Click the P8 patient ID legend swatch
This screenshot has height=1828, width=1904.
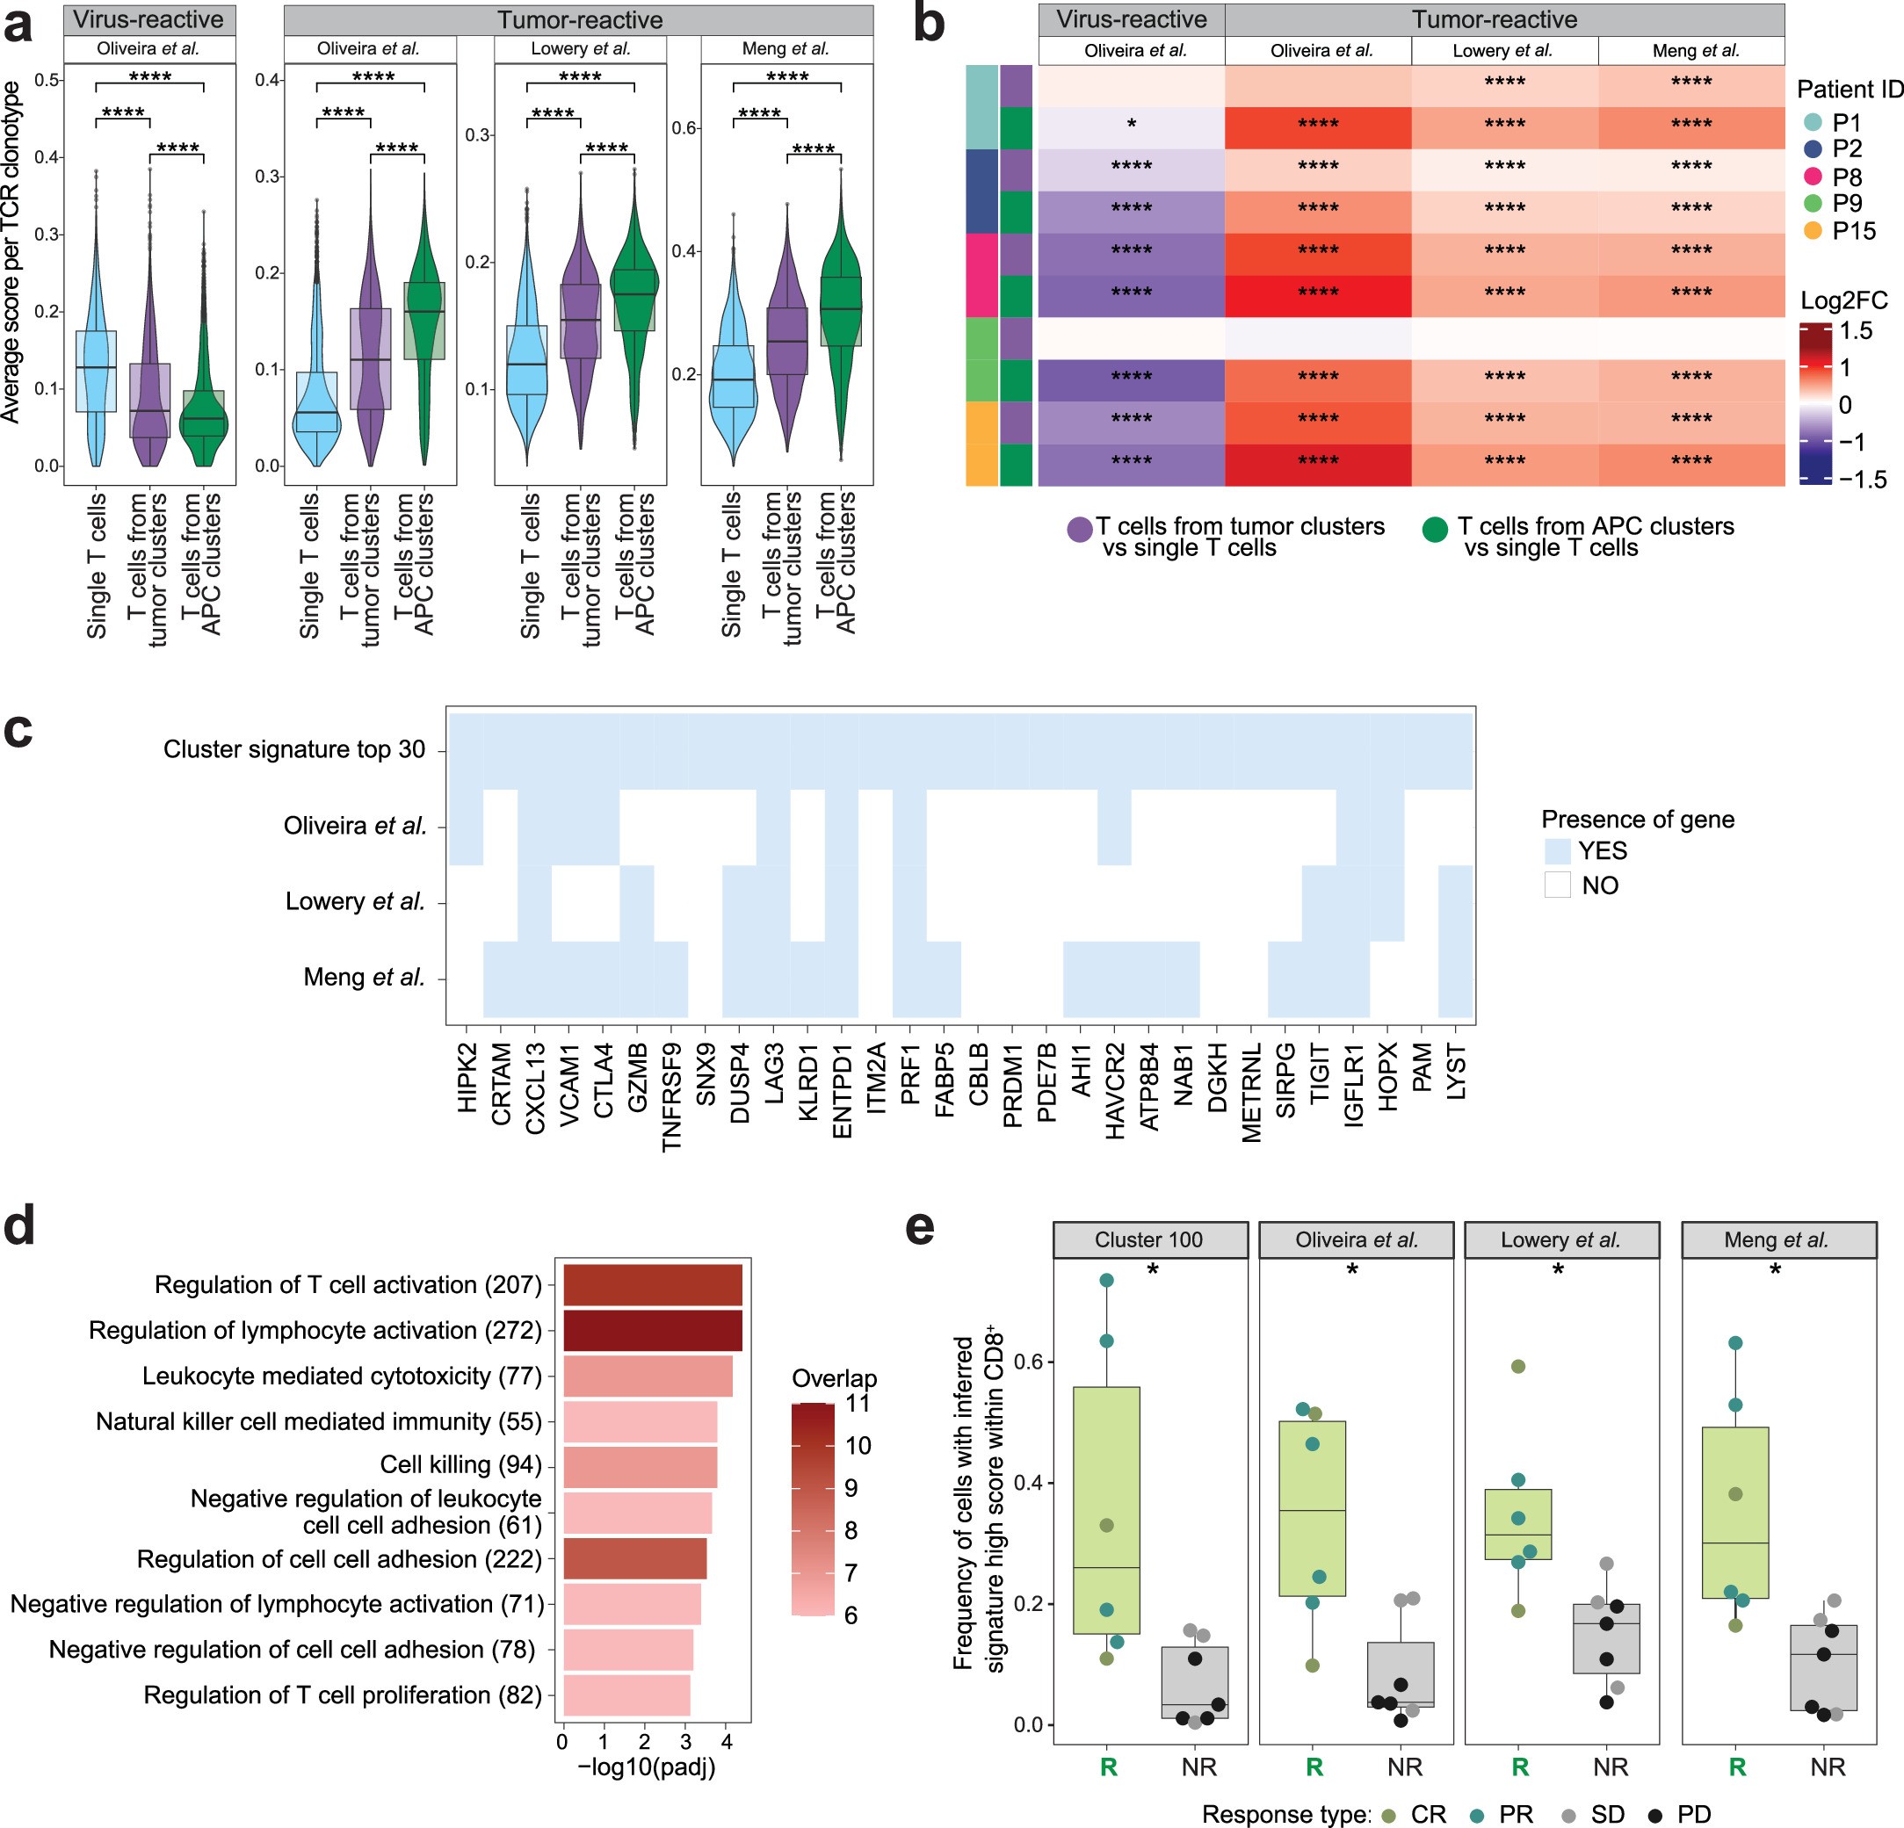[1812, 177]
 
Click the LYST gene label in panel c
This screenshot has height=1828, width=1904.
[1456, 1073]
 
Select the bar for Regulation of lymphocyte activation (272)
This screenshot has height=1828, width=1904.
[652, 1331]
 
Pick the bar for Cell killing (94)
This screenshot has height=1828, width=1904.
[639, 1467]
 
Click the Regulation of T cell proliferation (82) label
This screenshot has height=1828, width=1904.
[343, 1695]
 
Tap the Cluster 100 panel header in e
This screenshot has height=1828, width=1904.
[1149, 1239]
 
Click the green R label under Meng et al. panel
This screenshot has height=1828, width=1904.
[1737, 1767]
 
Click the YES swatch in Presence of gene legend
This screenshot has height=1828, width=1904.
[1557, 852]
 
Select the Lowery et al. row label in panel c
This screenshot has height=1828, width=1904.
[356, 901]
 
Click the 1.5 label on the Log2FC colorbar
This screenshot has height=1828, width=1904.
[1856, 330]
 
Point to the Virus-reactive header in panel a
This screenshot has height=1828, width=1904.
[148, 19]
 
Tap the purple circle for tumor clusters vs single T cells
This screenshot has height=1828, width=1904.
[1080, 530]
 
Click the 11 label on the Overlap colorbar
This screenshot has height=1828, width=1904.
[857, 1403]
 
